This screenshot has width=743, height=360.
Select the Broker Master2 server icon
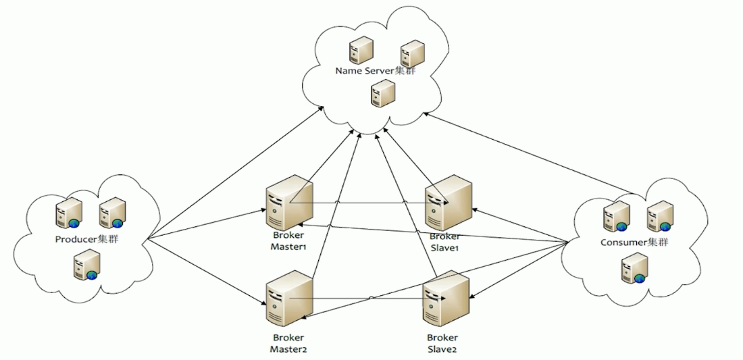point(288,297)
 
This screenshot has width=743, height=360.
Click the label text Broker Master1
point(288,242)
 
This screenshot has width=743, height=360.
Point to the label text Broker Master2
point(288,342)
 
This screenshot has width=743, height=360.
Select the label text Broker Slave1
point(444,242)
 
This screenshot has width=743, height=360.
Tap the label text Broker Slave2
point(442,342)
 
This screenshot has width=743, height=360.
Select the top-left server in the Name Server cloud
point(361,49)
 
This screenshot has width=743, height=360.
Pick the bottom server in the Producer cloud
point(87,264)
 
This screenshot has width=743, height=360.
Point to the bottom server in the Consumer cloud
point(634,267)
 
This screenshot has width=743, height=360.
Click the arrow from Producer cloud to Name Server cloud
point(236,176)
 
